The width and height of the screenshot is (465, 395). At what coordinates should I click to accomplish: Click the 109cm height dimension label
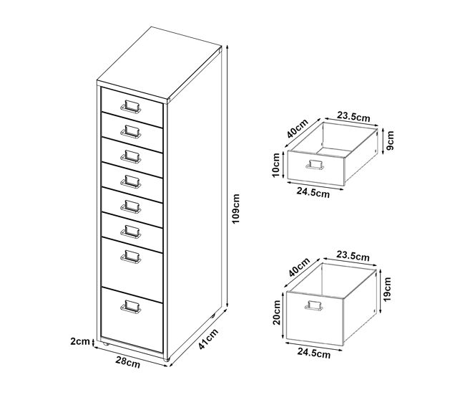tap(236, 209)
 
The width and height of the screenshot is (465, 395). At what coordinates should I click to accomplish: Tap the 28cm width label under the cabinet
tap(128, 362)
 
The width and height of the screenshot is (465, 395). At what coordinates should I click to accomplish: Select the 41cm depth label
tap(208, 339)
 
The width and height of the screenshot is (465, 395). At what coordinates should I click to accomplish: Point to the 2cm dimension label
tap(80, 341)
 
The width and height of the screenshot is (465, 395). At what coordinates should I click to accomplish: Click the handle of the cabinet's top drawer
tap(130, 106)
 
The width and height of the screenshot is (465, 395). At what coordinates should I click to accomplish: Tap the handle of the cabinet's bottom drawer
tap(130, 307)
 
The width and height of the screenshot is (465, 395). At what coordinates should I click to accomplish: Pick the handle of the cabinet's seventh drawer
tap(130, 257)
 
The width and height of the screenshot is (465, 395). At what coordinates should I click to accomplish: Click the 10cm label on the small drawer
tap(276, 165)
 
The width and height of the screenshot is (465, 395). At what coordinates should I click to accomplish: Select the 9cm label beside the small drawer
tap(391, 141)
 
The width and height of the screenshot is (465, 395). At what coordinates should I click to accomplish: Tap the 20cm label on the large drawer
tap(277, 313)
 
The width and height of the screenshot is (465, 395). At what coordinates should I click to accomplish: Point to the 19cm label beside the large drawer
tap(387, 289)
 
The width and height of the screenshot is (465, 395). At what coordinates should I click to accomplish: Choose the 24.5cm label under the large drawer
tap(314, 353)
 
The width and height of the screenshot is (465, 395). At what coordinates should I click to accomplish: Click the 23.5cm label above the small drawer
tap(353, 117)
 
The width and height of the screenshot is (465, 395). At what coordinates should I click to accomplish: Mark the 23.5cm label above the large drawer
tap(353, 256)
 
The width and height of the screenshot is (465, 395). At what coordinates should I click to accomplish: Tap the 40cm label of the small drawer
tap(298, 128)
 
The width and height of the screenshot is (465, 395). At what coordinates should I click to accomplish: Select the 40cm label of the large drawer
tap(299, 267)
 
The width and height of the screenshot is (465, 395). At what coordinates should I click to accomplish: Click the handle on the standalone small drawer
tap(315, 165)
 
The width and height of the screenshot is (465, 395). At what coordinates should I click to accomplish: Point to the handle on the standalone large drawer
tap(314, 306)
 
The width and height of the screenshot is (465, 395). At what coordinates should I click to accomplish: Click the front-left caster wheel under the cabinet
tap(106, 344)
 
